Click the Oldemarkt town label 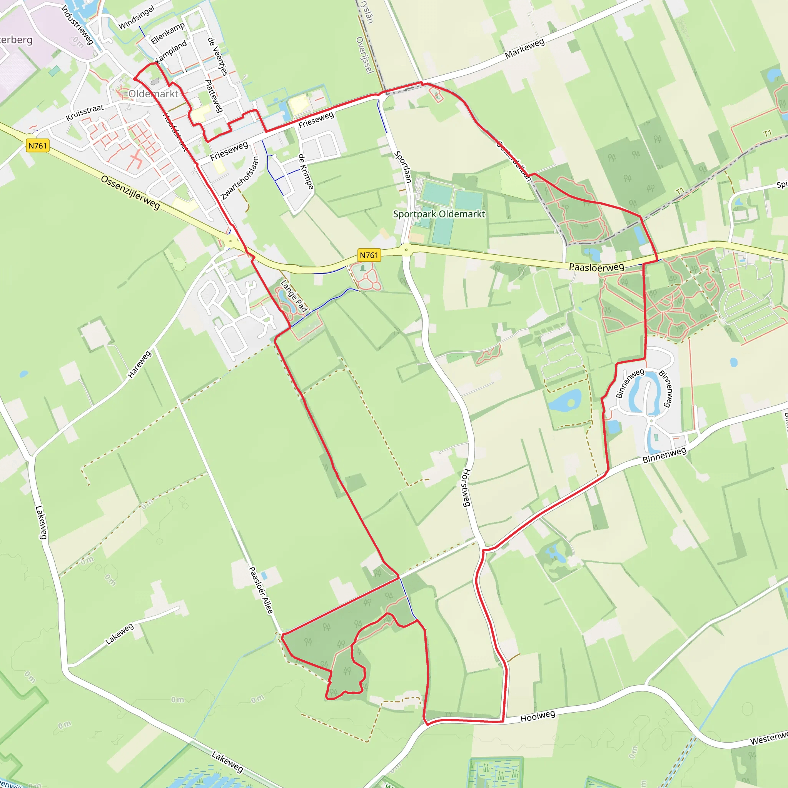[154, 94]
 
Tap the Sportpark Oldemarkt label [439, 214]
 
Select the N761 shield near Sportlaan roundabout [369, 255]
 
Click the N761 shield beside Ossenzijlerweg [38, 145]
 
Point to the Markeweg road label [524, 48]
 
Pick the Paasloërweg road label [596, 267]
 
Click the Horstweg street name [467, 487]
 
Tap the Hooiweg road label [538, 716]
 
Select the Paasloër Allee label [260, 590]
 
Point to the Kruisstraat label [85, 113]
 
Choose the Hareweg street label [140, 364]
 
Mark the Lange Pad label [294, 296]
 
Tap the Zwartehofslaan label [240, 178]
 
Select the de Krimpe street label [306, 171]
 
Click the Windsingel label [137, 18]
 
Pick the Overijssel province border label [365, 55]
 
